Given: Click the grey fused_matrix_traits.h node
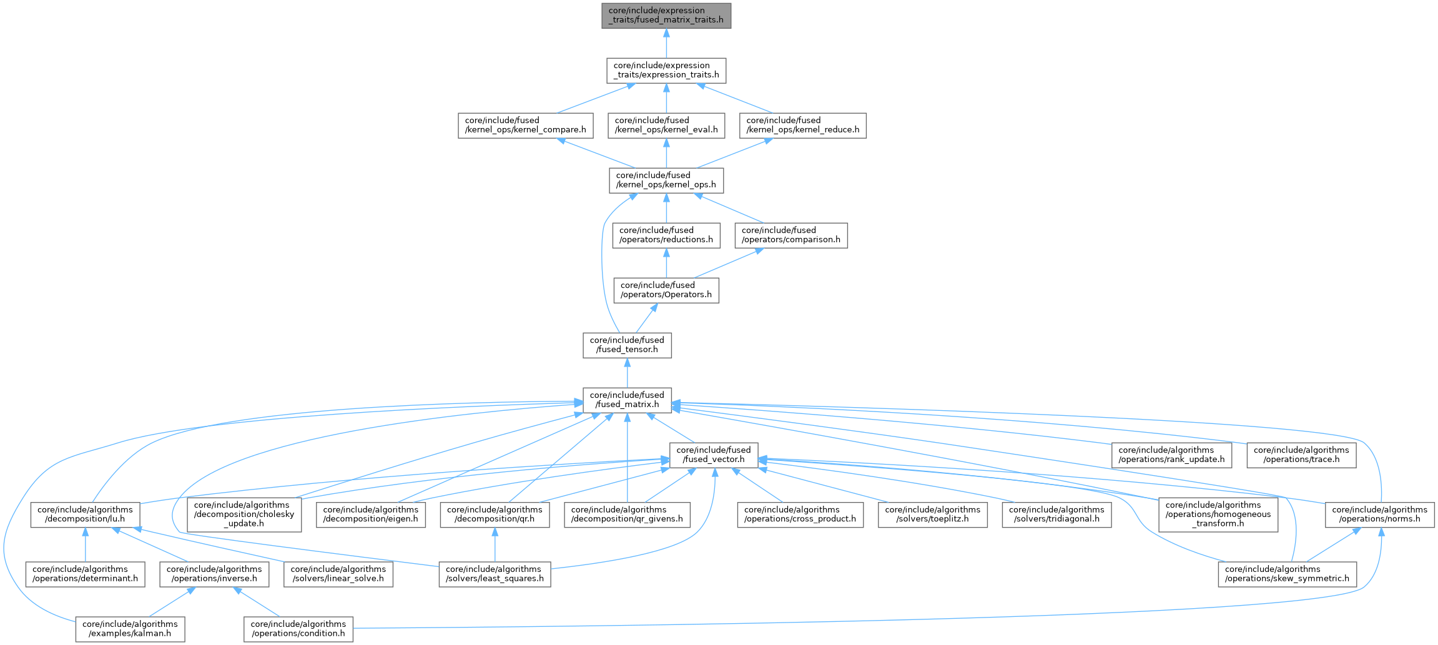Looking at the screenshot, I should [x=666, y=16].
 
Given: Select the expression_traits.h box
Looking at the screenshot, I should [x=666, y=71].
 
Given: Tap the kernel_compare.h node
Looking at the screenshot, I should [x=525, y=126].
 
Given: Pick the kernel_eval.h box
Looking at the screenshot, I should [x=666, y=126].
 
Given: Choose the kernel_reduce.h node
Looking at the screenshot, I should [x=802, y=126].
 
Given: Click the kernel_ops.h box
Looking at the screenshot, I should [x=666, y=180].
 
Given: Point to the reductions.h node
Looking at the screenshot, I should [x=666, y=235].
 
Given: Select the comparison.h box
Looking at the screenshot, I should [x=790, y=235].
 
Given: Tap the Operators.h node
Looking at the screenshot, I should [x=666, y=290].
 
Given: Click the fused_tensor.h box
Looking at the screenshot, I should [x=627, y=345].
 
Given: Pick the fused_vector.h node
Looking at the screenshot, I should [x=714, y=455].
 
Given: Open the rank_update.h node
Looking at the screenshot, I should [x=1171, y=455].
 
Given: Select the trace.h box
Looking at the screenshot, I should [x=1301, y=455].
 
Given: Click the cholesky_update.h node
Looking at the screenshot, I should [x=244, y=515].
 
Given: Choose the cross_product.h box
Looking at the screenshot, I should [x=800, y=515].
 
